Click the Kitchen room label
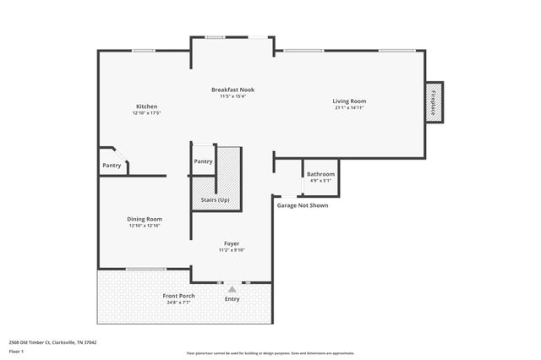[146, 106]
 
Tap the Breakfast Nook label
[232, 90]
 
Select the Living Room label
[349, 101]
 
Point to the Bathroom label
[320, 174]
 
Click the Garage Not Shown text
[303, 205]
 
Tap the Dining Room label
[145, 219]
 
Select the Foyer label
[232, 243]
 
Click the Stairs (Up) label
[215, 200]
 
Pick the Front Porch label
[178, 295]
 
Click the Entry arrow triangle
[232, 289]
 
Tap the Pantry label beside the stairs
[203, 161]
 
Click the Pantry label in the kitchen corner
[112, 166]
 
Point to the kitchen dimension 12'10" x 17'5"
[146, 113]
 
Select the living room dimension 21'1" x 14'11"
[349, 108]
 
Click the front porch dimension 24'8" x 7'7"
[178, 302]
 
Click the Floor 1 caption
[17, 350]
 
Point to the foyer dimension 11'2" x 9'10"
[232, 250]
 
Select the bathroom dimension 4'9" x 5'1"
[320, 181]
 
